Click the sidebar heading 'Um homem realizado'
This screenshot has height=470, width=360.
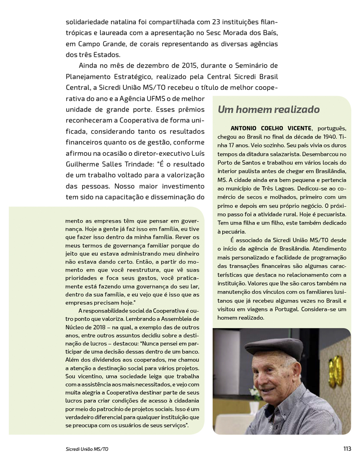click(x=268, y=109)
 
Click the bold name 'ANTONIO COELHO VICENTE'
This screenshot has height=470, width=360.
click(x=271, y=128)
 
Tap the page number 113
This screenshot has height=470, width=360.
click(x=347, y=448)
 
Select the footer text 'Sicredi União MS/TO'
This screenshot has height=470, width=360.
click(x=87, y=449)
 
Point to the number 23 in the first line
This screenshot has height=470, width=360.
click(x=203, y=21)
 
